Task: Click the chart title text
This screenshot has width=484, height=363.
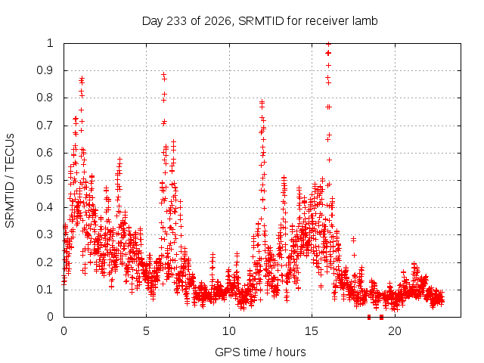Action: point(259,21)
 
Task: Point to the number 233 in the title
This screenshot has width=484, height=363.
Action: point(176,21)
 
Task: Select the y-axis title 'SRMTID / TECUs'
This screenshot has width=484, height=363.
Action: point(10,181)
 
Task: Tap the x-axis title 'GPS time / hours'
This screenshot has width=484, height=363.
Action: point(260,352)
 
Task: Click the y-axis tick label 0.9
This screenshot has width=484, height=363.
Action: point(45,70)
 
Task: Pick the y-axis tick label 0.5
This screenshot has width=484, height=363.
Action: point(45,180)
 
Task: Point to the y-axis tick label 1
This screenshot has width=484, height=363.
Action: point(50,43)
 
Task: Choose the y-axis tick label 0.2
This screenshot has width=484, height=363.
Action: point(45,262)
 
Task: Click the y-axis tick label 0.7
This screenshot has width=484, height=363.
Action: point(45,126)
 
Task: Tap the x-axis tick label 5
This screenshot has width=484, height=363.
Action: point(146,331)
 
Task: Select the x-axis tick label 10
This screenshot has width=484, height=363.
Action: point(229,331)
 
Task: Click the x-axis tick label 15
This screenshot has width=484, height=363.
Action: point(312,331)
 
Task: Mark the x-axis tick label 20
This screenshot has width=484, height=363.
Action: point(395,331)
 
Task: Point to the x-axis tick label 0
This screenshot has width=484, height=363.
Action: point(64,331)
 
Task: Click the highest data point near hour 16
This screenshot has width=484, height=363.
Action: point(329,44)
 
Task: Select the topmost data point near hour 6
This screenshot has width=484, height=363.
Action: point(164,74)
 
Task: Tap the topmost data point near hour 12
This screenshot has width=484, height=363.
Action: point(262,101)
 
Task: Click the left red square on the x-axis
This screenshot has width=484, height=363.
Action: point(369,317)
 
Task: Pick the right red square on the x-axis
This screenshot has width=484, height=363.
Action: point(381,317)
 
